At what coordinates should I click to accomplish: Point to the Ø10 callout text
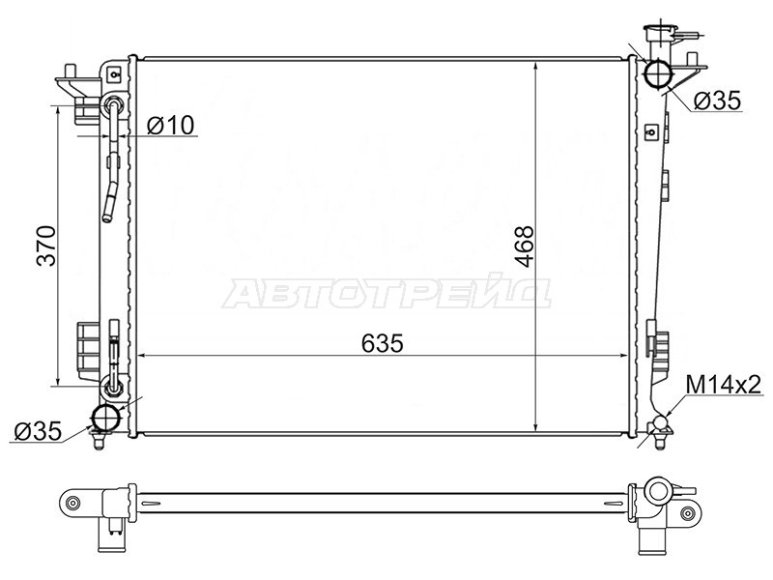[171, 125]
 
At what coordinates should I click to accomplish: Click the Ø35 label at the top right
[716, 100]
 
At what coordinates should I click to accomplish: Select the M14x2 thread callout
[723, 386]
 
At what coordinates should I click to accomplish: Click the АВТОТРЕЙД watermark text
[386, 292]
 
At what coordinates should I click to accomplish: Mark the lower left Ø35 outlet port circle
[104, 418]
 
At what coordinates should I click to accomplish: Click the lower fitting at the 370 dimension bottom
[113, 389]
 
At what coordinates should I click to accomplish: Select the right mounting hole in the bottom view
[687, 512]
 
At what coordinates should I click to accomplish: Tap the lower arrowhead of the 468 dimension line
[536, 425]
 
